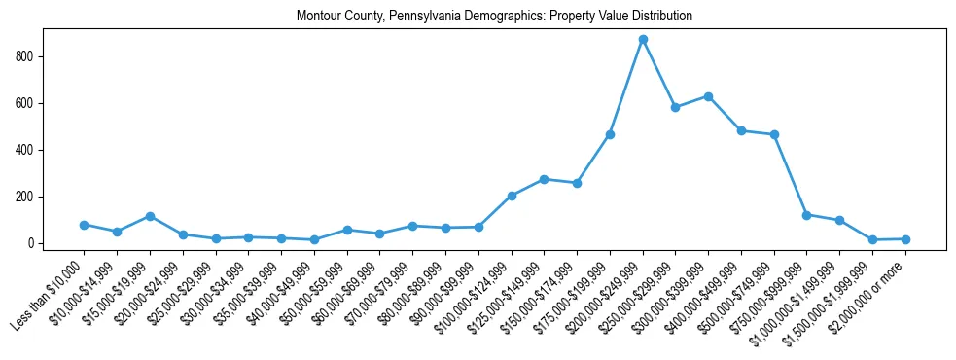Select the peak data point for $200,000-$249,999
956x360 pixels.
point(643,40)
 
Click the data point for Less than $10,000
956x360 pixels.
point(84,225)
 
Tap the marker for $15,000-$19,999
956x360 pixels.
point(150,216)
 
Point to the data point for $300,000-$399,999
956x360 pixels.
point(708,96)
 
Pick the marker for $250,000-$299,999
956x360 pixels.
point(675,107)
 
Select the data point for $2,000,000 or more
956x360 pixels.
point(905,239)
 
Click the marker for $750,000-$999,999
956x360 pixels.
point(806,215)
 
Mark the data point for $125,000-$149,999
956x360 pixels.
point(544,179)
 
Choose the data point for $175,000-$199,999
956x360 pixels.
point(610,134)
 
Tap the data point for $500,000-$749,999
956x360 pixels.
point(774,134)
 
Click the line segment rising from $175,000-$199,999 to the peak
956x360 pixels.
point(626,88)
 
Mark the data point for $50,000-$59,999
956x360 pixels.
point(347,231)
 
